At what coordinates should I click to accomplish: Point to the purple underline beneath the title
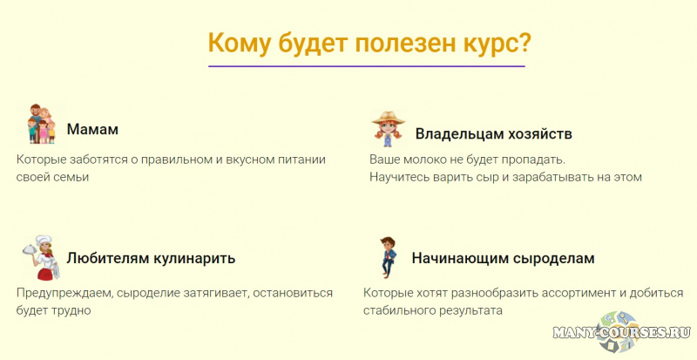point(367,66)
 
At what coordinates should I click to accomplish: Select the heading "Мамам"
point(92,130)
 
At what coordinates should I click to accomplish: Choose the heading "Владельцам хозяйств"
point(493,134)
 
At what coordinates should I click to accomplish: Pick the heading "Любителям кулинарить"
point(151,259)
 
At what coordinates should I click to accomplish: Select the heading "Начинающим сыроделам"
point(503,259)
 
